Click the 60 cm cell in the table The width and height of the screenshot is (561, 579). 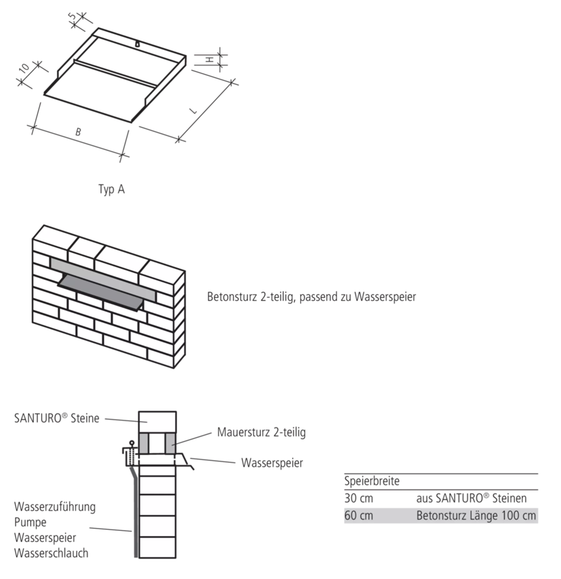point(359,516)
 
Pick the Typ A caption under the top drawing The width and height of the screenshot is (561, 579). point(112,189)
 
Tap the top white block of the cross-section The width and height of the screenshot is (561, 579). point(157,422)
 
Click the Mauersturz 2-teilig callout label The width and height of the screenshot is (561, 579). point(262,432)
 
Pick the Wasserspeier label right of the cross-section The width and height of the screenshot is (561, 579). point(272,463)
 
